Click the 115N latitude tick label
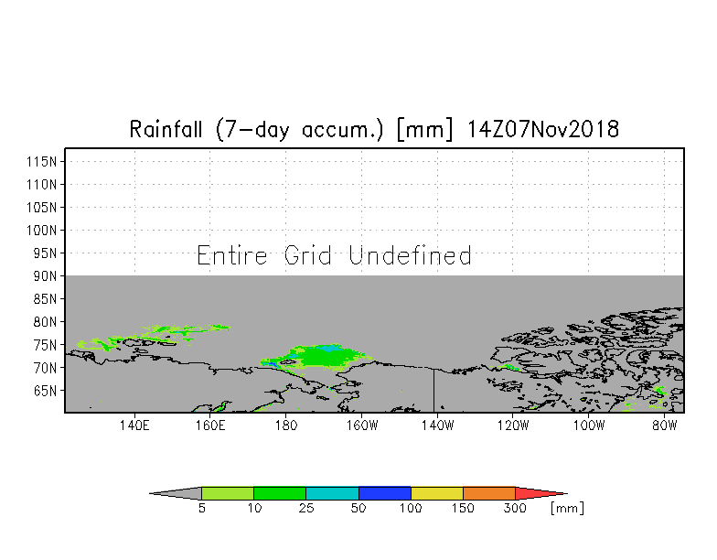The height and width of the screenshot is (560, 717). [x=42, y=161]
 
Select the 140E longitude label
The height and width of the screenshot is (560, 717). [x=134, y=425]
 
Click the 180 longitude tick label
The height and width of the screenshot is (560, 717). [x=285, y=425]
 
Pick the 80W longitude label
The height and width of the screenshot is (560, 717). [x=664, y=425]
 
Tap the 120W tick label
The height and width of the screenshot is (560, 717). [x=512, y=425]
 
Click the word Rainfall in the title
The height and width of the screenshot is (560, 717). [x=166, y=130]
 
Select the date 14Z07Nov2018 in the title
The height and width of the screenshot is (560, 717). [x=543, y=130]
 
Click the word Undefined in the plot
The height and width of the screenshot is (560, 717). [x=410, y=255]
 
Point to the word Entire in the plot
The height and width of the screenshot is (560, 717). [x=232, y=255]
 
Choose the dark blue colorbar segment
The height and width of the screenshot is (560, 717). [x=384, y=494]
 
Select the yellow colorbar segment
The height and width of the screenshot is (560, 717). [x=437, y=494]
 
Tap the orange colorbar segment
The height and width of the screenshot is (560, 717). [x=488, y=494]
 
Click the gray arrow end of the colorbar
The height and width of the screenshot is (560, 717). [x=176, y=494]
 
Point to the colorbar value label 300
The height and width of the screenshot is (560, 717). [x=515, y=509]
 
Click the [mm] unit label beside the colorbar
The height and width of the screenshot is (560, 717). [x=567, y=509]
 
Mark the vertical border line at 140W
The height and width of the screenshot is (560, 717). [x=433, y=390]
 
